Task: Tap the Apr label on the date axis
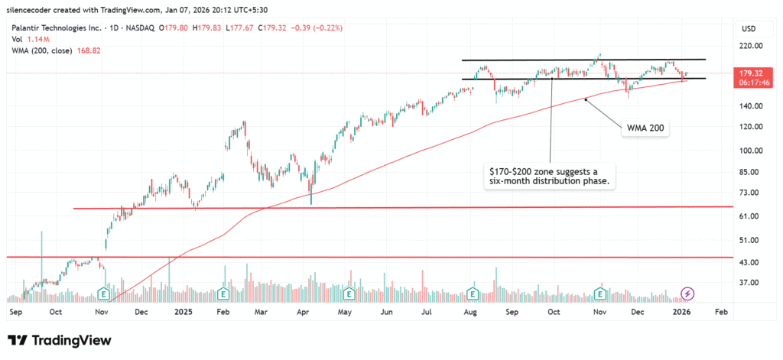click(x=303, y=312)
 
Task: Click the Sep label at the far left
click(x=15, y=312)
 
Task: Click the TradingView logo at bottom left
click(x=60, y=340)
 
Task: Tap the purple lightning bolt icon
click(x=687, y=294)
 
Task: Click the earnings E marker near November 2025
click(x=601, y=294)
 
